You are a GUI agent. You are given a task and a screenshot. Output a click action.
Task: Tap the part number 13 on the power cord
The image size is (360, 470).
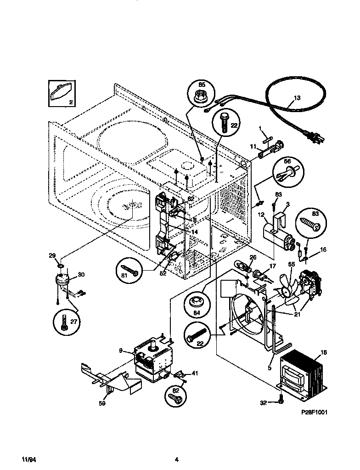[x=297, y=98]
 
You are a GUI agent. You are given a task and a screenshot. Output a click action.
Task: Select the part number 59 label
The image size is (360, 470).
[x=102, y=404]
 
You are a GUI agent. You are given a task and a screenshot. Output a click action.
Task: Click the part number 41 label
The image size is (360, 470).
[x=195, y=373]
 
